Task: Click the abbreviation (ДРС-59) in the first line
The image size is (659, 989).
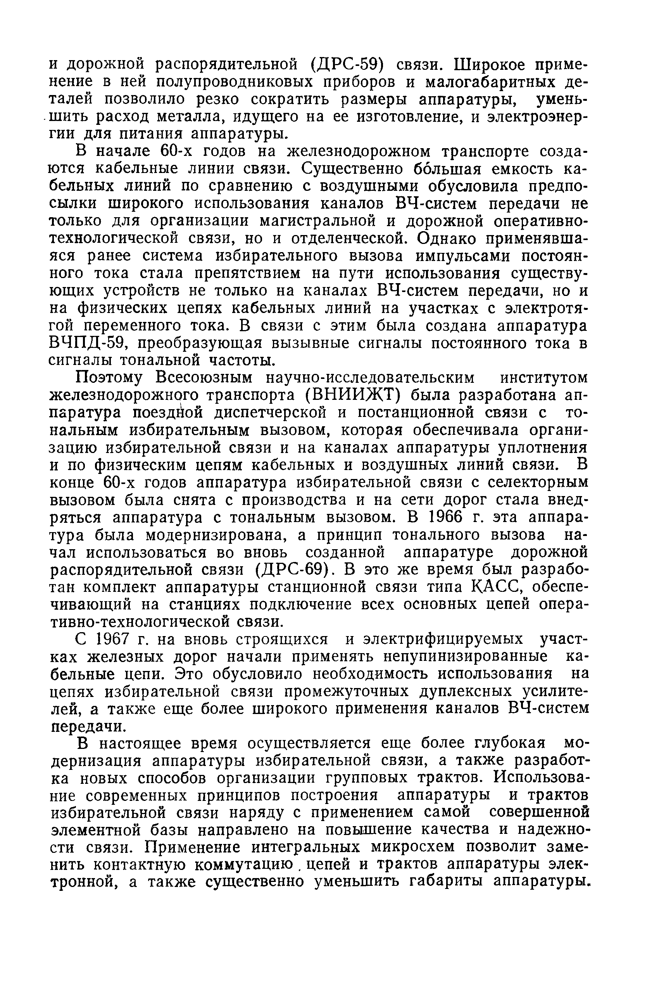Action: pyautogui.click(x=347, y=65)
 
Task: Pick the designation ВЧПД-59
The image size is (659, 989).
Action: pyautogui.click(x=89, y=344)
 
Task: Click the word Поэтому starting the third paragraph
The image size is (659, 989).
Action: pyautogui.click(x=110, y=378)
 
